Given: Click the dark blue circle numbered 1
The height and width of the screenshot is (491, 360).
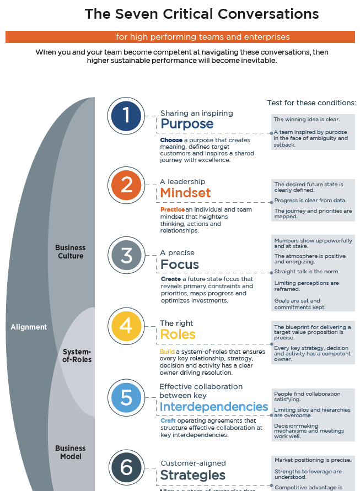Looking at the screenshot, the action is pos(127,116).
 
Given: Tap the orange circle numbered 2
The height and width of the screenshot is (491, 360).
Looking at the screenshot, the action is pos(127,185).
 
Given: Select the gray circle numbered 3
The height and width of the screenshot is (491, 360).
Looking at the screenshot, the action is pos(127,256).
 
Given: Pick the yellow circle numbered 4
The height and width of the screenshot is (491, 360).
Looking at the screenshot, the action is pos(127,326).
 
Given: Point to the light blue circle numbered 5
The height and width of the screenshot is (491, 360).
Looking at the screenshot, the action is pos(127,397).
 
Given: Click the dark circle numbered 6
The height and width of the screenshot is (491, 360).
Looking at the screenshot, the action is pos(127,468).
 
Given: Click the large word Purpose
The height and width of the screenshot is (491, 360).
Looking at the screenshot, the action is pos(187,124).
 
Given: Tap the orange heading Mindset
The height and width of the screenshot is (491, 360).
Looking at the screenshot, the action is pos(185,193).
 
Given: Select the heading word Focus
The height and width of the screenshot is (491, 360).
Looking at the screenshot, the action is pos(180,265).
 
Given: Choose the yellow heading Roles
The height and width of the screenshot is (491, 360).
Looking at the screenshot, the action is pos(178,334).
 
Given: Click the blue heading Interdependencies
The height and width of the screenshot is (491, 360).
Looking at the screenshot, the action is pos(214,407).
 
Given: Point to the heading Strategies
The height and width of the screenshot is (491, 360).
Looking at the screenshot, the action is pos(192,475).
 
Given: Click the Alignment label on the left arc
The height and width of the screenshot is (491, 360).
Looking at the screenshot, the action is pos(29,327).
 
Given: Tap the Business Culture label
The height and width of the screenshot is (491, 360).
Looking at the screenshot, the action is pos(71,252).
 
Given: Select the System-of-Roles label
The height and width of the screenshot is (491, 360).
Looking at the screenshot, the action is pos(77,355).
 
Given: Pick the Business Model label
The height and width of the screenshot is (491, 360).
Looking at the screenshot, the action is pos(71,452).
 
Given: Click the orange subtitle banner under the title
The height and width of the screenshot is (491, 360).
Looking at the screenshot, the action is pos(180,37).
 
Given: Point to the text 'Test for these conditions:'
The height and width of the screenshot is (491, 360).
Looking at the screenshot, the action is pos(311,102).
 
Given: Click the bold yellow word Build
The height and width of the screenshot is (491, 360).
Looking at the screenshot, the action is pos(167,352).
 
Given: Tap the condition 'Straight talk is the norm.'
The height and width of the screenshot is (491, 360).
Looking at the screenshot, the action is pos(307,272).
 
